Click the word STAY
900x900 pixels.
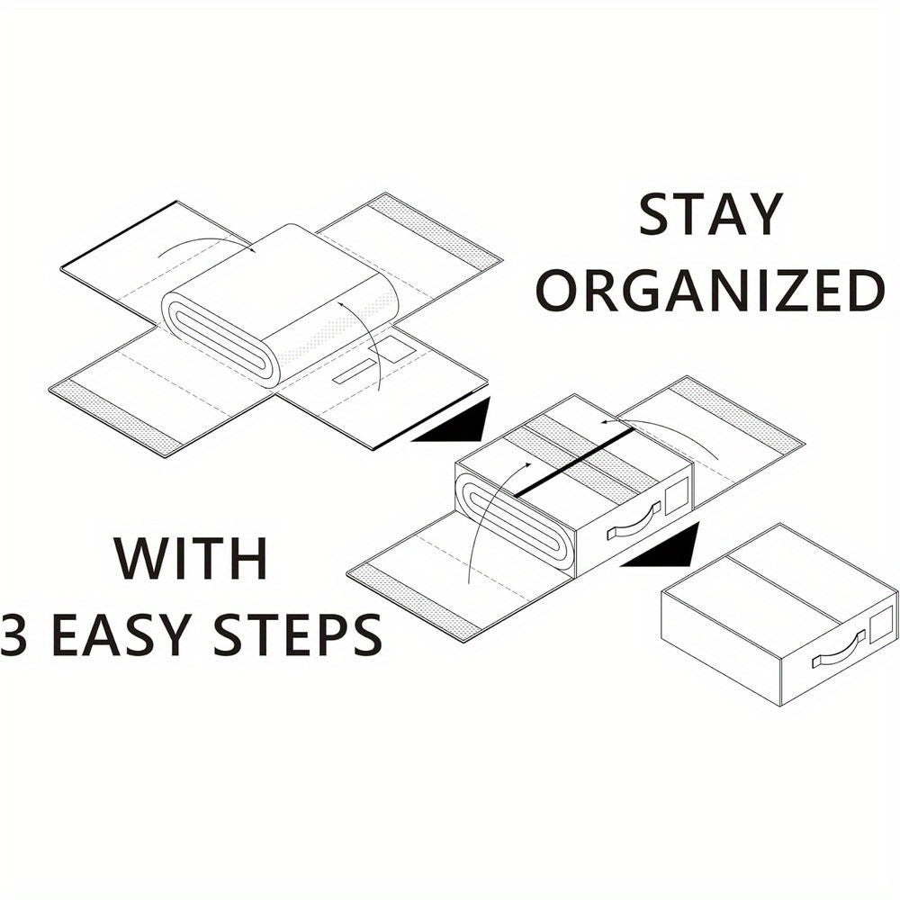click(711, 214)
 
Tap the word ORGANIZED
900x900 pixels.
click(709, 291)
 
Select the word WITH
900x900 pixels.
click(192, 558)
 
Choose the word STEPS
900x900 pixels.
click(297, 634)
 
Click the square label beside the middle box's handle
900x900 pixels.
click(676, 492)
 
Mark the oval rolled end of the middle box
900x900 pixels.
click(516, 516)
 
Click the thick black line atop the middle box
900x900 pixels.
click(573, 463)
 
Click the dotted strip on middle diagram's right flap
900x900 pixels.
click(736, 415)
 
